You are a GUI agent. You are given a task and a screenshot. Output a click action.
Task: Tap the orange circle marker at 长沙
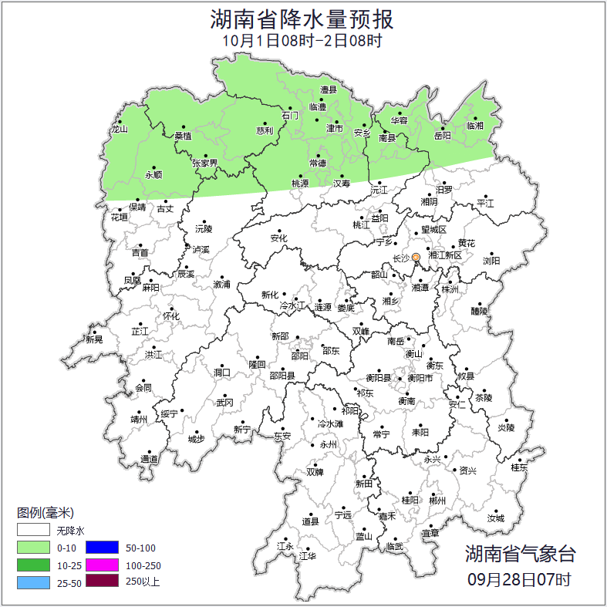[416, 257]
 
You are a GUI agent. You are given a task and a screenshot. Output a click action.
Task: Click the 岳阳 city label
[443, 137]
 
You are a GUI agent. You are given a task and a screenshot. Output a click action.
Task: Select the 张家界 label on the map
[205, 163]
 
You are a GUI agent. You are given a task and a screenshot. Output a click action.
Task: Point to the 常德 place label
[317, 163]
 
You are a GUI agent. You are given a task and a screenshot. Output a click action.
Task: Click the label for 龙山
[118, 130]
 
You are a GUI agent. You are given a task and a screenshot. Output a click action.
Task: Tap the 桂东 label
[520, 467]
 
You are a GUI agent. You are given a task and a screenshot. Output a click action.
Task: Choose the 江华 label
[308, 556]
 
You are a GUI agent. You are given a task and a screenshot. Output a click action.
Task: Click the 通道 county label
[149, 460]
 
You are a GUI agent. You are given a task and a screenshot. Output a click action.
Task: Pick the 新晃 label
[94, 339]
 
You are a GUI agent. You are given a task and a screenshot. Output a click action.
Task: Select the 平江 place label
[485, 203]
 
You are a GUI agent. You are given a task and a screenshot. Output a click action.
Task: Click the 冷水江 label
[293, 306]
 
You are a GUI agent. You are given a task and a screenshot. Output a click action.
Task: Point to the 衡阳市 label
[420, 378]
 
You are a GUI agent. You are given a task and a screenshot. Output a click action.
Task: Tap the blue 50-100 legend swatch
[102, 548]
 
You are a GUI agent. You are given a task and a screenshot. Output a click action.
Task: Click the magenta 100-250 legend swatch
[102, 565]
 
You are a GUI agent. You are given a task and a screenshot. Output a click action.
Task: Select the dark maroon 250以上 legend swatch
[102, 582]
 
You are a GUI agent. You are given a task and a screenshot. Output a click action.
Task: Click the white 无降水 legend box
[33, 531]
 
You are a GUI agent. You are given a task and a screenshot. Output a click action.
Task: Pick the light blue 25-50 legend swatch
[33, 582]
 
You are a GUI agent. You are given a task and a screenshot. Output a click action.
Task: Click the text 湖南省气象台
[520, 553]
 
